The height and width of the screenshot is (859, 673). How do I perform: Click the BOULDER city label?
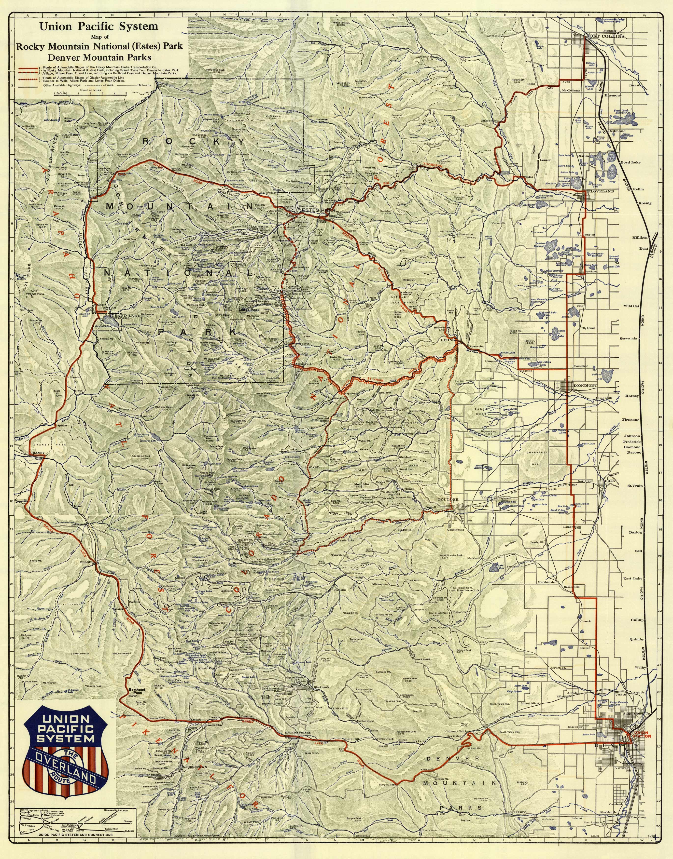[449, 500]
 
